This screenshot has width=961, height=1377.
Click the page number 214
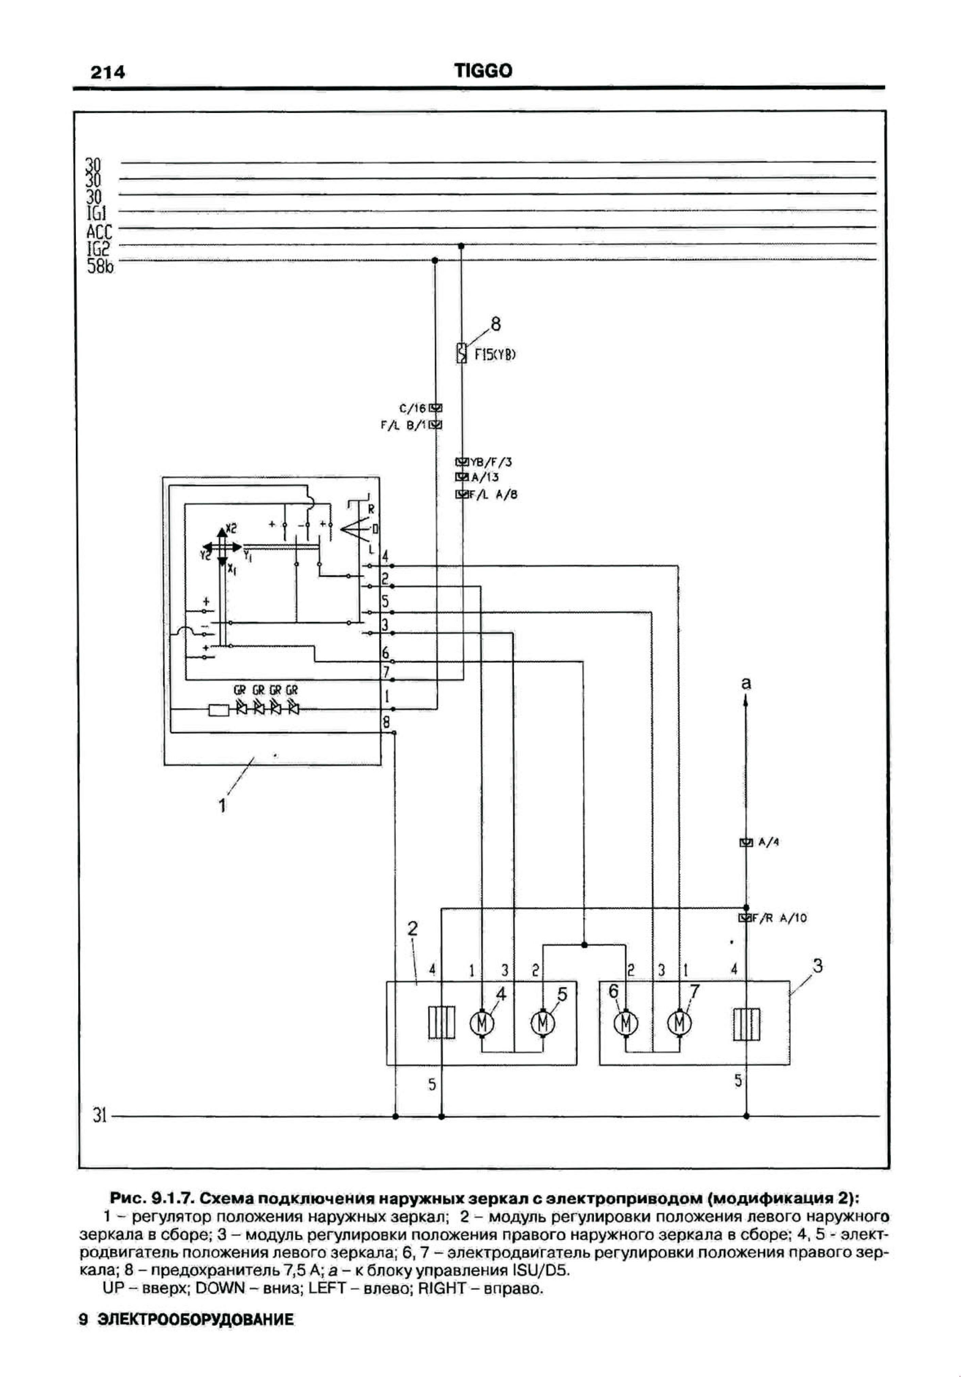point(107,72)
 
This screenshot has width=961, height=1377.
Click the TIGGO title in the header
point(483,71)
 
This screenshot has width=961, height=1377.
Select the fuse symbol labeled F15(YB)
point(461,353)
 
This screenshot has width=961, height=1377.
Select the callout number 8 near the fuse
point(496,324)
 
